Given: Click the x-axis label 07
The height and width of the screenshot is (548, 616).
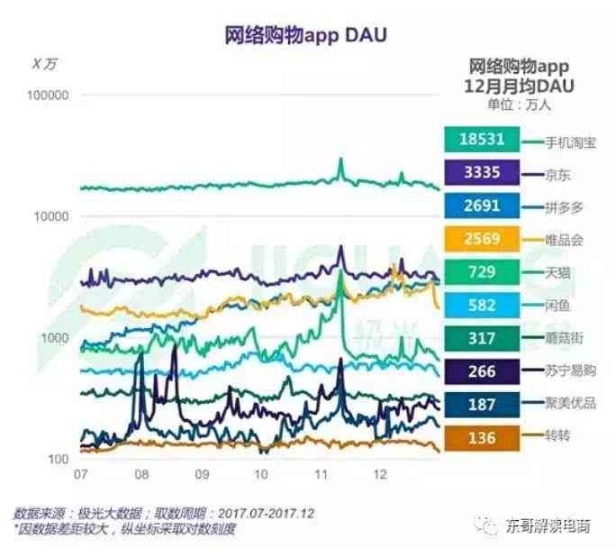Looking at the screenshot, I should click(80, 475).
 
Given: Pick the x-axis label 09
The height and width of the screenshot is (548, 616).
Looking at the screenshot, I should click(201, 475).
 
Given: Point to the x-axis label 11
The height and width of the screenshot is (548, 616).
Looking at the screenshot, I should click(320, 475).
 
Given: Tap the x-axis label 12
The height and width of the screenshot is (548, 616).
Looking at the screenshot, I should click(380, 475).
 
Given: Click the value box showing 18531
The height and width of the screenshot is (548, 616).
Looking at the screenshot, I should click(486, 140).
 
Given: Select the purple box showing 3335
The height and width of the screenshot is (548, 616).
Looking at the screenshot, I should click(486, 173).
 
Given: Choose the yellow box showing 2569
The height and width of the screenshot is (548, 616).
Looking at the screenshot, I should click(486, 239).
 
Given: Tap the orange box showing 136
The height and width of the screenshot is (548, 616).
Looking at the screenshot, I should click(486, 437).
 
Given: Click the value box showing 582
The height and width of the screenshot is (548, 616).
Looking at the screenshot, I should click(486, 306).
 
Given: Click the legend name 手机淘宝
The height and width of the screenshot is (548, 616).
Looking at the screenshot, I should click(571, 142).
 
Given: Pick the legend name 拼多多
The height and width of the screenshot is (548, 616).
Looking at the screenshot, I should click(565, 206).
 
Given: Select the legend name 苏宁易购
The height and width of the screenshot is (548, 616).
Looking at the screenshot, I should click(571, 370).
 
